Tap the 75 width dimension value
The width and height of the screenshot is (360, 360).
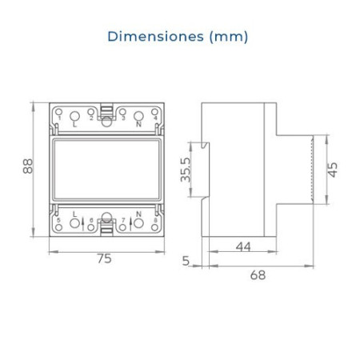(x=104, y=258)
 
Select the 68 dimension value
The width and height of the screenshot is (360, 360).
(x=257, y=274)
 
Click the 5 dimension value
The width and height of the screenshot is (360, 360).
(x=186, y=261)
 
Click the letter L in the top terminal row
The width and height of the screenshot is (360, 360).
(x=74, y=125)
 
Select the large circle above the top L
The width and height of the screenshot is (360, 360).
(x=74, y=114)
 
